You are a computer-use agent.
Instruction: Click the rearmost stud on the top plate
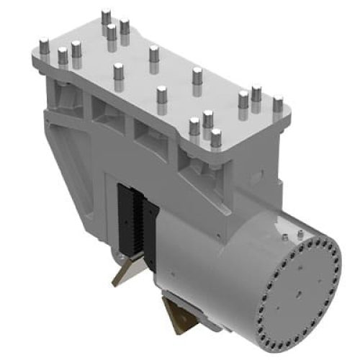[x=106, y=17]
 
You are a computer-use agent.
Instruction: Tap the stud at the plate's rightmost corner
[x=277, y=104]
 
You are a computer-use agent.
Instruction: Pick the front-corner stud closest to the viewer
[x=215, y=138]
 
